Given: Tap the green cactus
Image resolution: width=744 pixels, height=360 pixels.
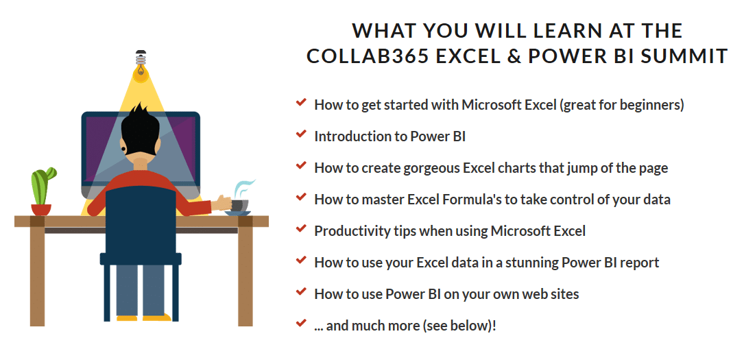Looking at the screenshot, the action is tap(43, 185).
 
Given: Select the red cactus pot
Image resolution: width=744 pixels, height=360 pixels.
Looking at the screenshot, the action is tap(41, 210).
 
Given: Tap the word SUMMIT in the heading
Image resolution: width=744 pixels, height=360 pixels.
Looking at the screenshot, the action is tap(683, 56).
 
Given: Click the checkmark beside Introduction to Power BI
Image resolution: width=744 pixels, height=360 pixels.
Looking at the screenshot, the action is tap(300, 134).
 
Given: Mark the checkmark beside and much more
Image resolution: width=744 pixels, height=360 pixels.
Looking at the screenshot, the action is tap(300, 323).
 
